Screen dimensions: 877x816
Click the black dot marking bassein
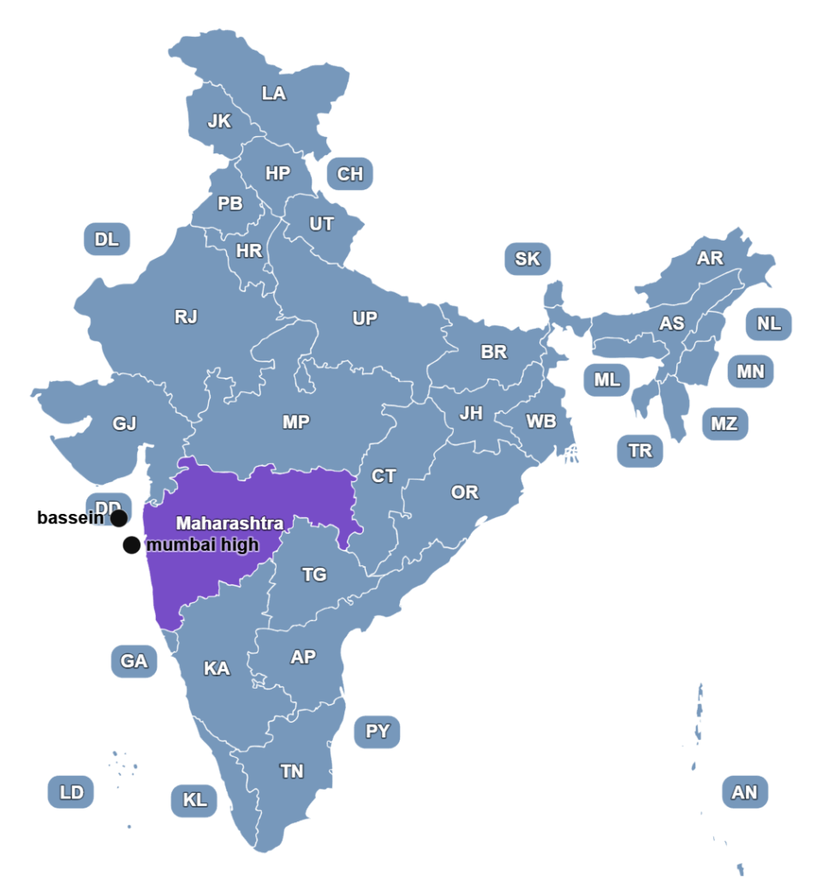click(119, 518)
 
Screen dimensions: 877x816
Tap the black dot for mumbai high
click(131, 546)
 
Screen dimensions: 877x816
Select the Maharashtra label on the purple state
click(229, 522)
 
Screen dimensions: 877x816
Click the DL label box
click(107, 239)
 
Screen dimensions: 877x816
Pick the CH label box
click(350, 175)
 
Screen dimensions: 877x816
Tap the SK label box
click(527, 259)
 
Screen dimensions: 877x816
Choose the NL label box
click(769, 324)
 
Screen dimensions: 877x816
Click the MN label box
click(751, 372)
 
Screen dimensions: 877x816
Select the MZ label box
click(724, 423)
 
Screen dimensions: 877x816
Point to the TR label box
click(640, 451)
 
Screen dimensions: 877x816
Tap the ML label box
click(607, 380)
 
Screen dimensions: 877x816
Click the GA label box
click(134, 661)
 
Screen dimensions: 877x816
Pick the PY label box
click(378, 731)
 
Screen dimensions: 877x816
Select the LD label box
click(71, 792)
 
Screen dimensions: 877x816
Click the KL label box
click(194, 801)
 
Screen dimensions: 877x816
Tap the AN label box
click(745, 792)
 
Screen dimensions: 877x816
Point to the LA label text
click(274, 94)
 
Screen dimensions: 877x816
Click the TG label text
click(314, 575)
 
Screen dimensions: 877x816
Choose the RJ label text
click(186, 317)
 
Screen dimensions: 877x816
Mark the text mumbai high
click(202, 546)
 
